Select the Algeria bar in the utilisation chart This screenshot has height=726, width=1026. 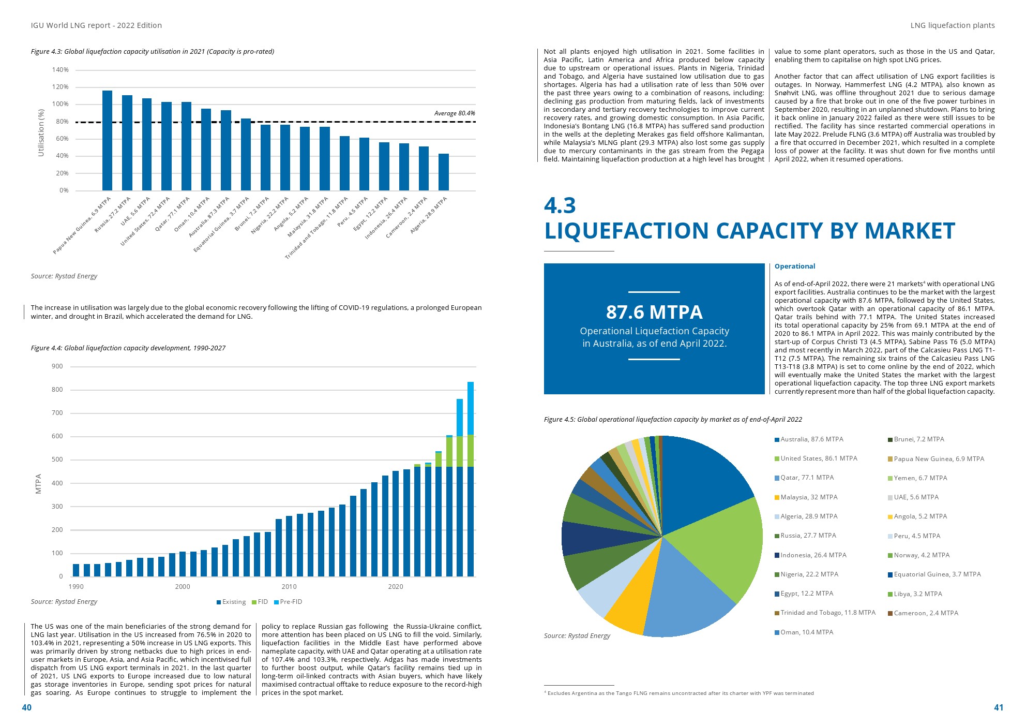[x=443, y=172]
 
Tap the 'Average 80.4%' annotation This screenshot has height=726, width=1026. [x=454, y=113]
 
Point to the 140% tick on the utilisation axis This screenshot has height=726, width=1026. [x=60, y=70]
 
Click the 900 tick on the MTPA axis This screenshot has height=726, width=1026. [x=57, y=366]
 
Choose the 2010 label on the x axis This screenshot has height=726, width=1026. [x=289, y=586]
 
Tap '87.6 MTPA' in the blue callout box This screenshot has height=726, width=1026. [x=654, y=312]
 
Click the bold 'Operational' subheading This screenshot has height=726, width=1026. [x=794, y=266]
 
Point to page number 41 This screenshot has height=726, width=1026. [x=998, y=707]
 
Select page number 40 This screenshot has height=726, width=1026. [x=27, y=707]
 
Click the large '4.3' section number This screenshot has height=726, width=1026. [x=560, y=205]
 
